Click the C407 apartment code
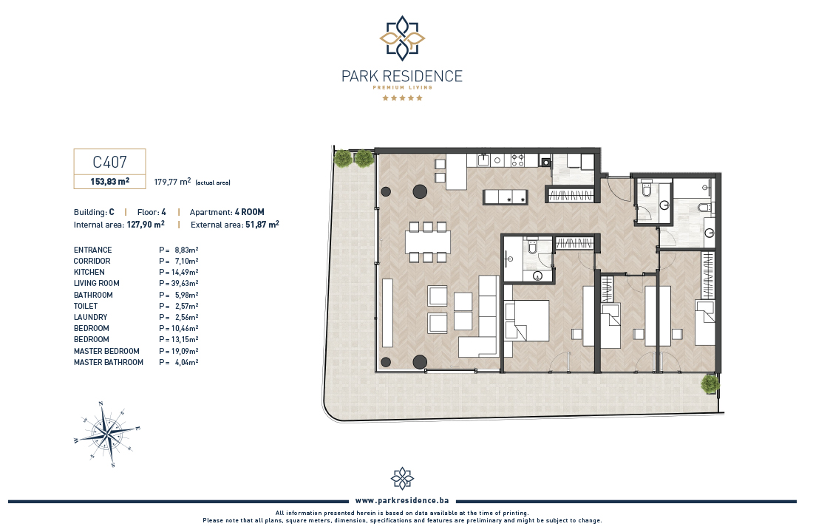click(x=109, y=162)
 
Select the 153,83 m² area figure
click(x=110, y=182)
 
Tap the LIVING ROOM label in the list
click(x=96, y=283)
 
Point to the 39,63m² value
click(x=185, y=283)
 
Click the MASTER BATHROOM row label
click(x=109, y=363)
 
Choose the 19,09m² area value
click(x=185, y=351)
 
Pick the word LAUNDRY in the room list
click(x=91, y=317)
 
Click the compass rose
click(x=107, y=434)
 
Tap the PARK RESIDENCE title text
click(x=402, y=76)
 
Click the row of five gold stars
click(x=402, y=98)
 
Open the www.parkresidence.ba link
click(x=402, y=501)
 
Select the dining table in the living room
click(x=428, y=242)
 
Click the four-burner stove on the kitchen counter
click(x=517, y=160)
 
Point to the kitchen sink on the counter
click(x=484, y=160)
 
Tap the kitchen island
click(x=506, y=197)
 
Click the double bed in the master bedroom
click(x=527, y=321)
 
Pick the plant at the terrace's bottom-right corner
click(x=710, y=384)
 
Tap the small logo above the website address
click(x=402, y=478)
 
